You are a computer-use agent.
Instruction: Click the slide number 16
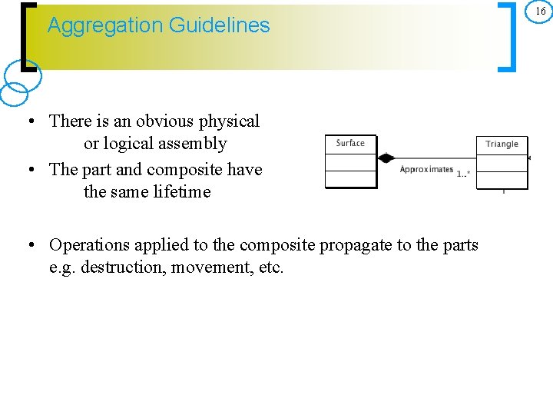540,12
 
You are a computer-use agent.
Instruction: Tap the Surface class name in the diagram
350,143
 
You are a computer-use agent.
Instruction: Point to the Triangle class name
502,144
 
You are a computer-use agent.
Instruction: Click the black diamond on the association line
386,158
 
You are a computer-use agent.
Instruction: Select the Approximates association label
426,169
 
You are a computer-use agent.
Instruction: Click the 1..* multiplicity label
463,174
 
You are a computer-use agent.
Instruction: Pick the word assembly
192,144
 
